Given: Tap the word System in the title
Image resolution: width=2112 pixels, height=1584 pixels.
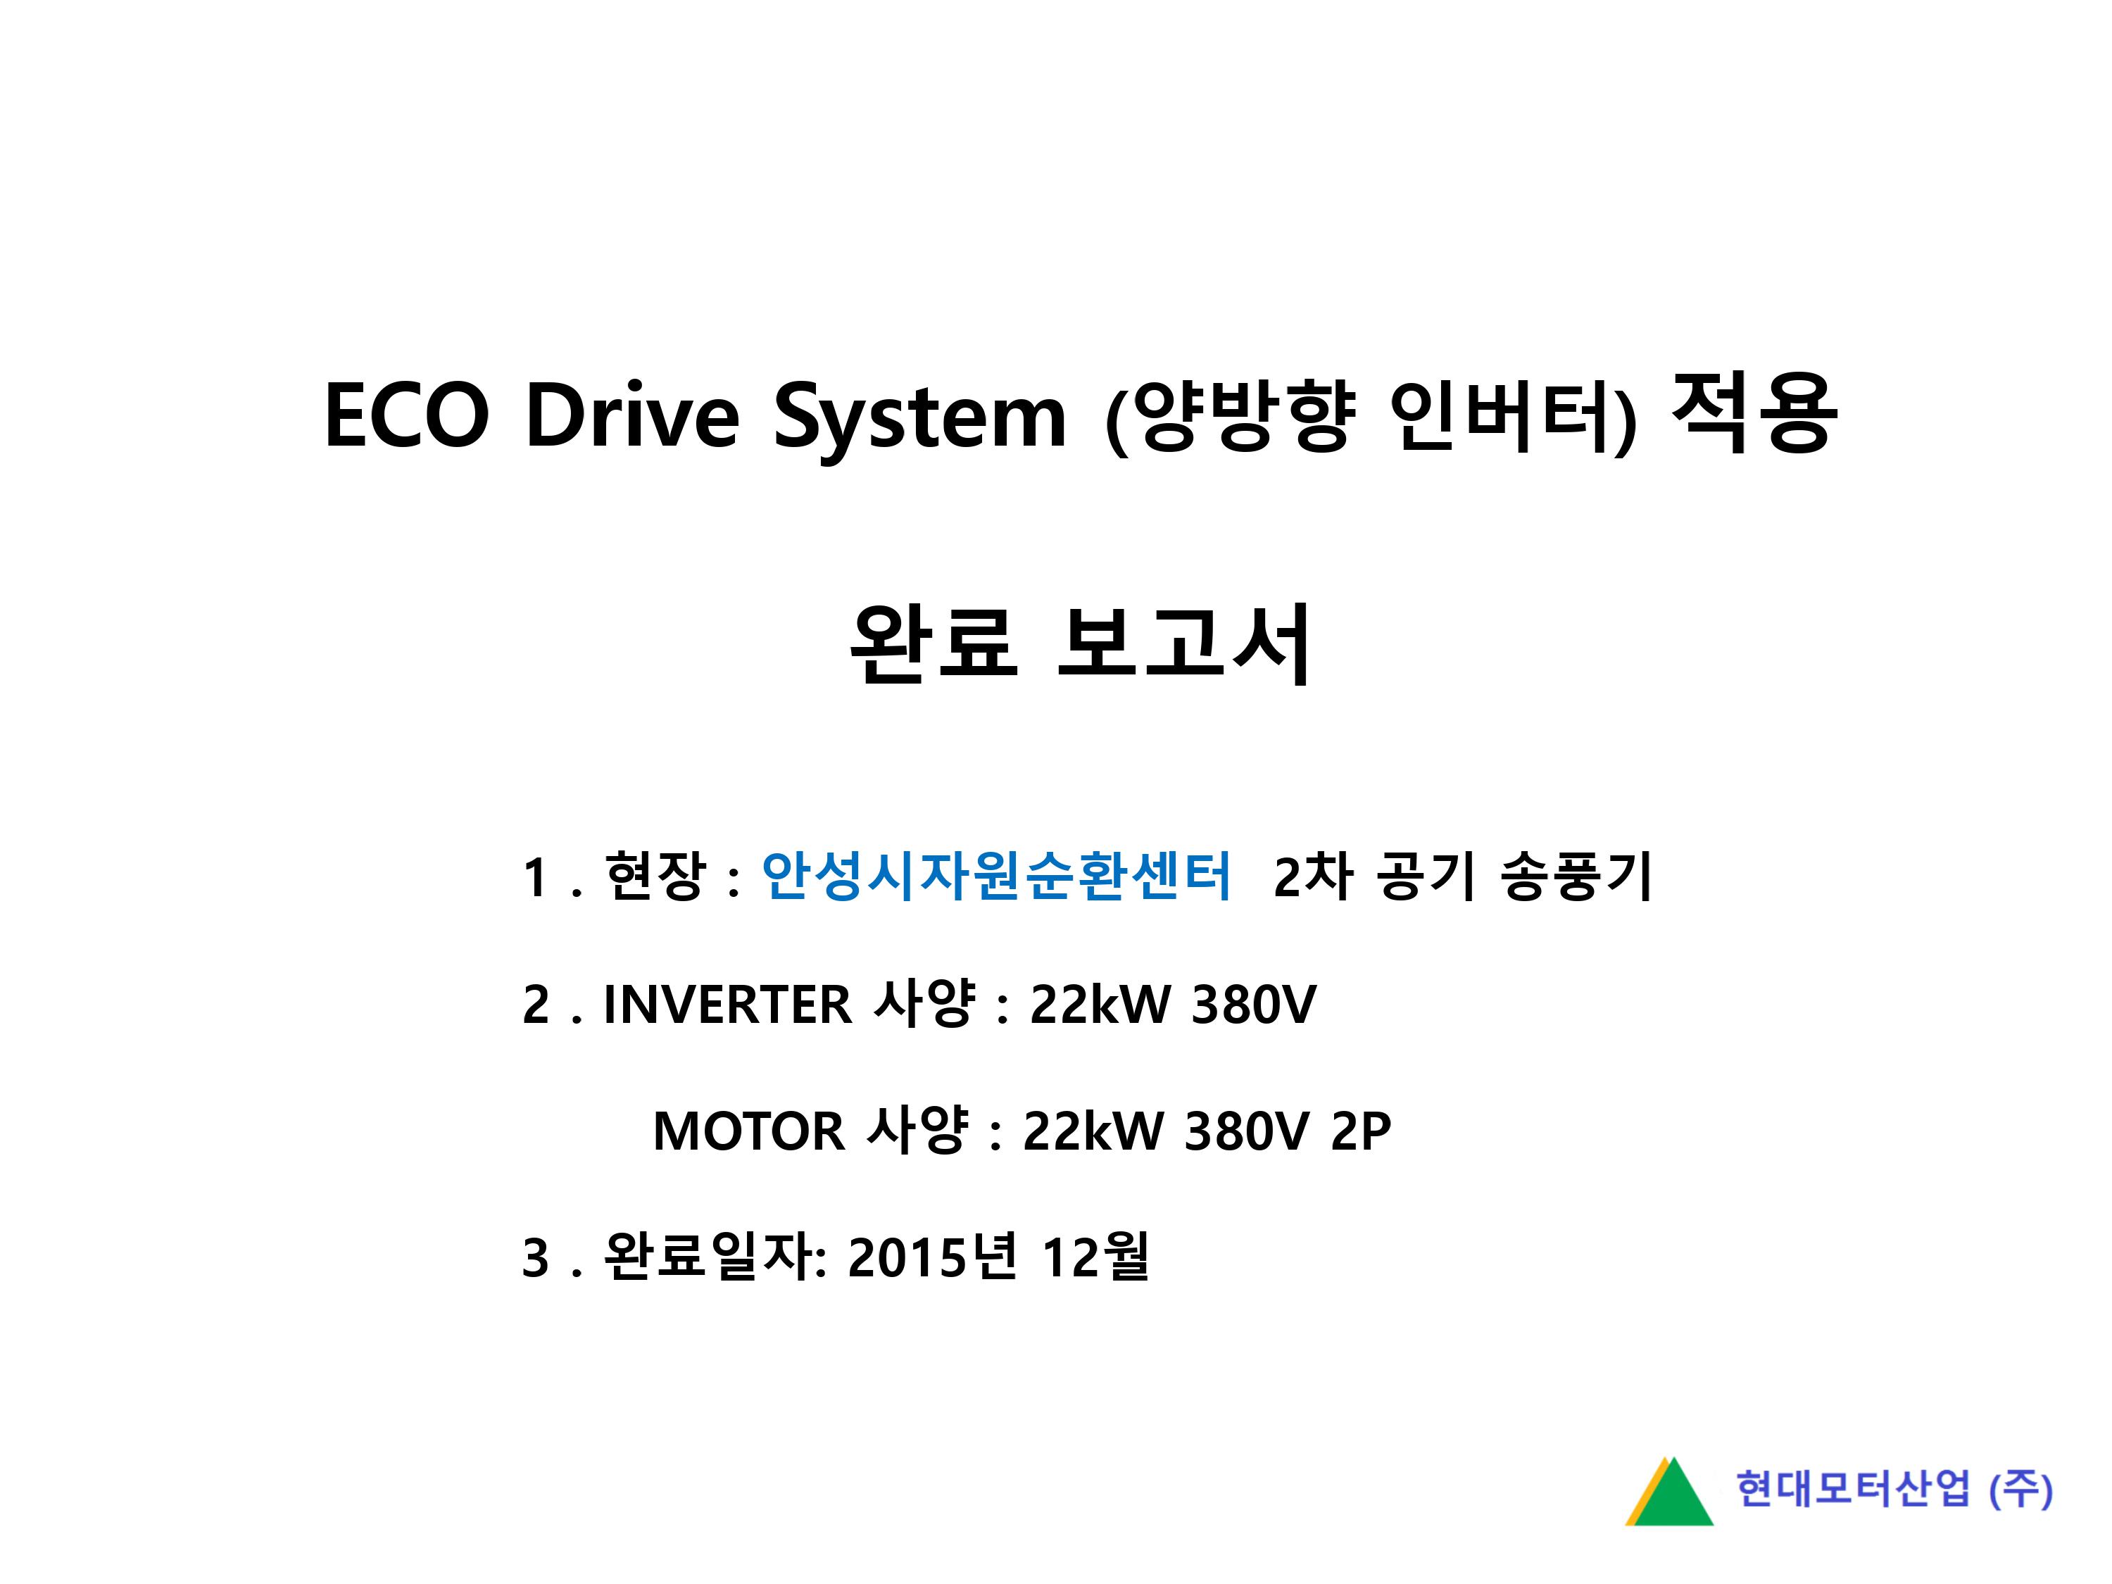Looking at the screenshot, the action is (x=919, y=420).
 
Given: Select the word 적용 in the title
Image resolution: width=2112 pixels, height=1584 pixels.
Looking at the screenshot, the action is (x=1754, y=413).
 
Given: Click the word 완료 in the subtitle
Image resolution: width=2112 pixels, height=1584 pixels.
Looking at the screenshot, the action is (x=934, y=643).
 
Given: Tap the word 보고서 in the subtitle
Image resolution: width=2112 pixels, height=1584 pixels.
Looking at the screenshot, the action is (x=1185, y=643).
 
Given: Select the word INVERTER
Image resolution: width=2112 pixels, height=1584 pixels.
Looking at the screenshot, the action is (x=727, y=1005).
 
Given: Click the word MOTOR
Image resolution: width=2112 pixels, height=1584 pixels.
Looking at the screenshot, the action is (x=748, y=1131).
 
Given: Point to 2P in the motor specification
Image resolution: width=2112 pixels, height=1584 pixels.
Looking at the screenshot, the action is (x=1362, y=1131).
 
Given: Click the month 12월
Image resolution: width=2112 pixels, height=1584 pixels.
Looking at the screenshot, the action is (x=1095, y=1257).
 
